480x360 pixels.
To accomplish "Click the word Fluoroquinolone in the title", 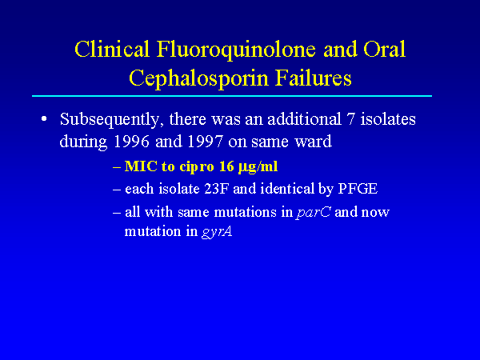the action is coord(236,50).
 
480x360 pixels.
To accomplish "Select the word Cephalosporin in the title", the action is coord(198,79).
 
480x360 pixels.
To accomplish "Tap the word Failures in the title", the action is coord(313,78).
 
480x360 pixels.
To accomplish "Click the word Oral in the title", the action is coord(385,49).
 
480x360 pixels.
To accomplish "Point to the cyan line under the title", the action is coord(232,96).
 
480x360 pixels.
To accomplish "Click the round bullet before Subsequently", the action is coord(44,118).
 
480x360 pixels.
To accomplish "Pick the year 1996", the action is coord(131,142).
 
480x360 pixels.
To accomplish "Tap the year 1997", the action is coord(205,142).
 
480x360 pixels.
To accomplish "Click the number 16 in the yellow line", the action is coord(226,166).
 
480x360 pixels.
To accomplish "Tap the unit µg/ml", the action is coord(258,167).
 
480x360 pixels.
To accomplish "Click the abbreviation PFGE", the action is coord(358,189).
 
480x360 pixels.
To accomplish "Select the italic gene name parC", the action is coord(313,213).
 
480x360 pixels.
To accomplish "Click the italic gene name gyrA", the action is coord(217,232).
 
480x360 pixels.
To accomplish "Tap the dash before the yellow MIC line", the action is coord(117,168).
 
